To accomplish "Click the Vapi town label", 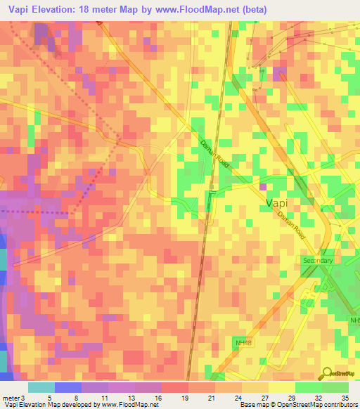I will (281, 203).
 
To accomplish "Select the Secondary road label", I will (316, 260).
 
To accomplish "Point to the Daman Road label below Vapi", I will (292, 226).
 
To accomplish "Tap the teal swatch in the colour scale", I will (41, 387).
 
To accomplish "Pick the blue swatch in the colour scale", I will (67, 387).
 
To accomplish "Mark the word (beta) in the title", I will (268, 9).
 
